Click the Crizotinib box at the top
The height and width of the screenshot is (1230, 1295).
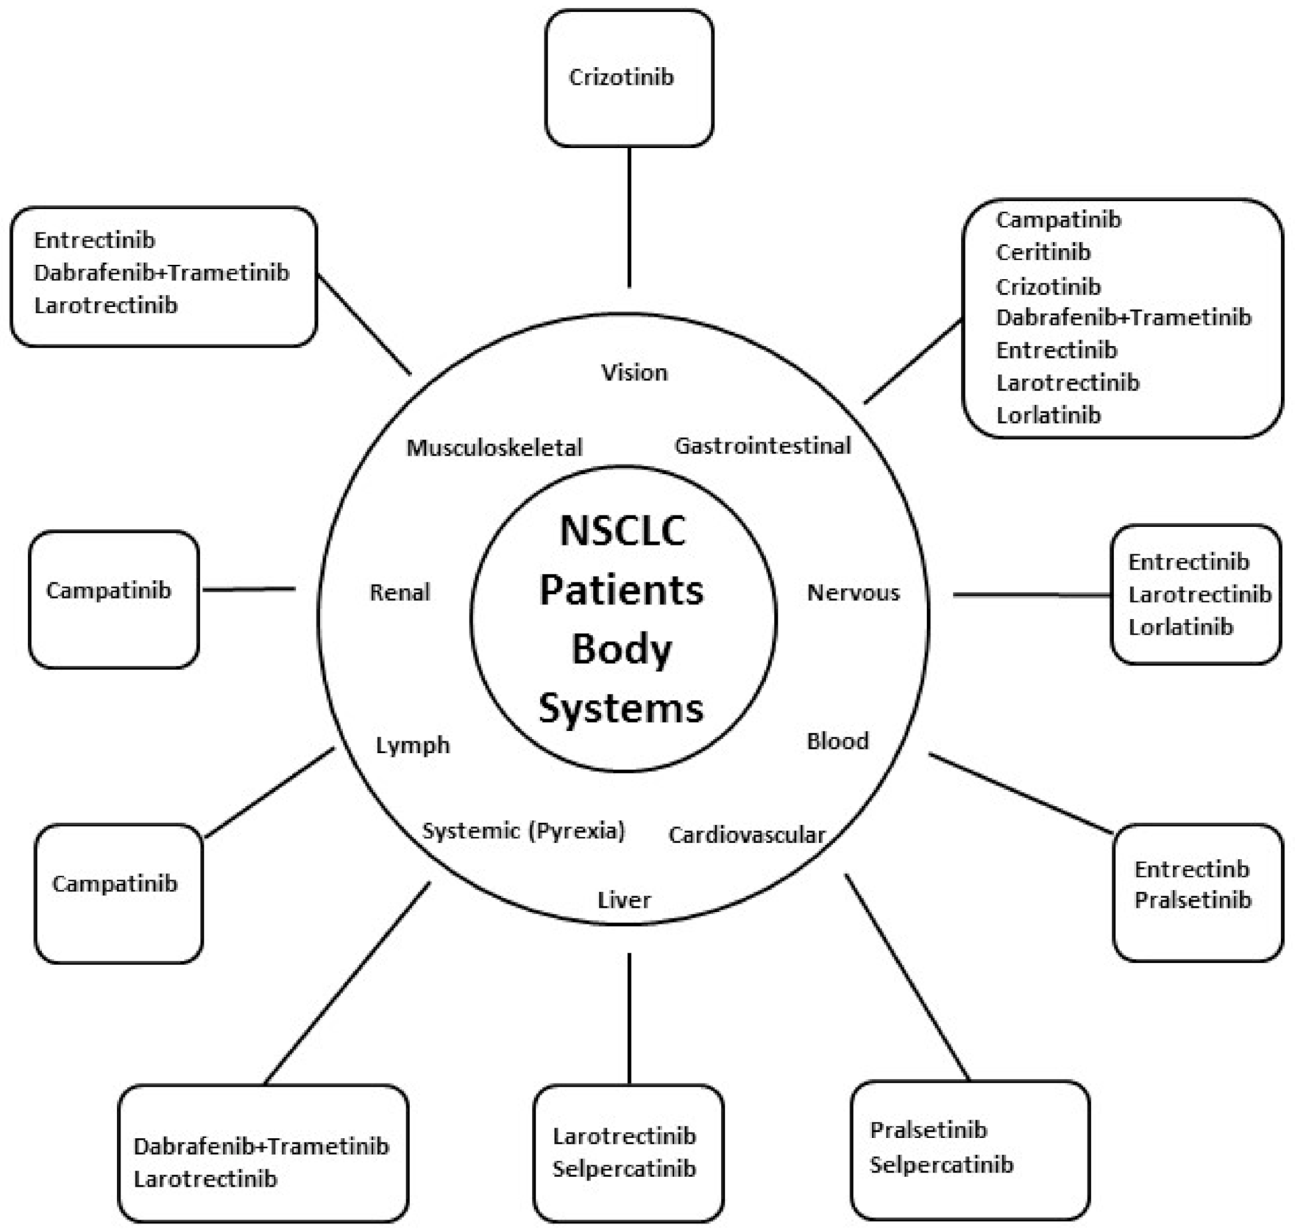coord(629,78)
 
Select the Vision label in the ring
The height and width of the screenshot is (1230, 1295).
coord(634,372)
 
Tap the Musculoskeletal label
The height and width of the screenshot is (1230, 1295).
coord(494,447)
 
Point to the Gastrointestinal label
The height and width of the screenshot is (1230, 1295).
coord(763,446)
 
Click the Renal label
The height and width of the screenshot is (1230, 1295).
coord(399,592)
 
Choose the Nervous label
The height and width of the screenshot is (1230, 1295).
coord(853,592)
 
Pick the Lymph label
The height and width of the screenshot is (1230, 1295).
coord(413,745)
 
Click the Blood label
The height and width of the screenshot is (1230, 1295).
coord(837,741)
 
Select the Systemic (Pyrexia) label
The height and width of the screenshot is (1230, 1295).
coord(523,830)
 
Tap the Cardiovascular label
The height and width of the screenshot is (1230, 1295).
coord(746,835)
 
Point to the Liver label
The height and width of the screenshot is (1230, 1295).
coord(624,899)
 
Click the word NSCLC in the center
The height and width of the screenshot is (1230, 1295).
coord(622,531)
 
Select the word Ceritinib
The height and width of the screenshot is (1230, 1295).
coord(1043,252)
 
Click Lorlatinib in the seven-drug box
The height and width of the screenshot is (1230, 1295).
coord(1048,415)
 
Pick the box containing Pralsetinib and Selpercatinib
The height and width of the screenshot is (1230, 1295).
coord(969,1151)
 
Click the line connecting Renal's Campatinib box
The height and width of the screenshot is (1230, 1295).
coord(249,590)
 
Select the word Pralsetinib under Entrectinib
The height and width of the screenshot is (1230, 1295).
coord(1193,899)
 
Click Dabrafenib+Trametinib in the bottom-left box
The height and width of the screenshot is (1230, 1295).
coord(261,1146)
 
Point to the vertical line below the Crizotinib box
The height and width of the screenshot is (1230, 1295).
coord(629,216)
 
